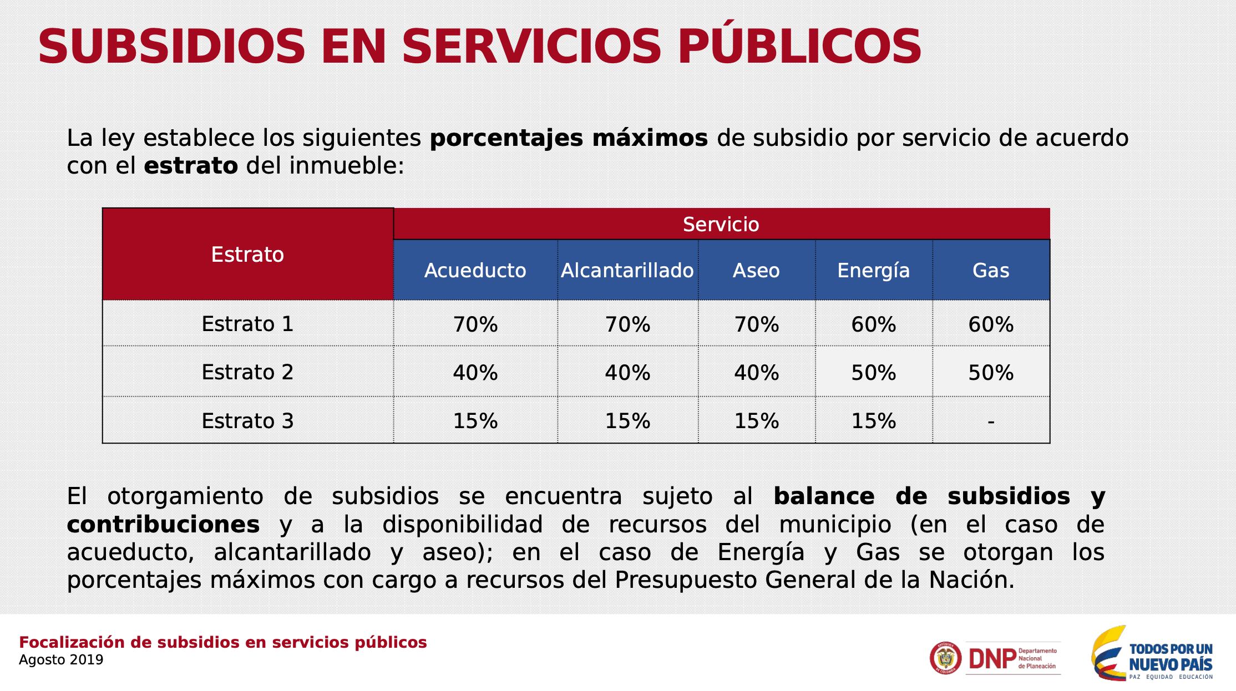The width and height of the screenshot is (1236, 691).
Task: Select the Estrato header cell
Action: click(247, 255)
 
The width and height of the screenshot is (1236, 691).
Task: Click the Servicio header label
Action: click(721, 225)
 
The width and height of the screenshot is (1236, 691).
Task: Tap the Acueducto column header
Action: click(475, 271)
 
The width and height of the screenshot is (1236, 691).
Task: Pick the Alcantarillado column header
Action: click(627, 271)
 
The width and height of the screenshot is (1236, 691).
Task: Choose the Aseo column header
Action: click(756, 271)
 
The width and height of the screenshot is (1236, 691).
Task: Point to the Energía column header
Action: click(873, 271)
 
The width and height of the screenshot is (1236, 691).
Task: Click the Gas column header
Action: click(990, 271)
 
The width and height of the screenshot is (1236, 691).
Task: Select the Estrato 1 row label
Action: click(247, 324)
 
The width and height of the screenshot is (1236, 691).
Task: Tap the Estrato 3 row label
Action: click(247, 421)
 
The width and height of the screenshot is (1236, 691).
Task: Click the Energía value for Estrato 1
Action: click(873, 324)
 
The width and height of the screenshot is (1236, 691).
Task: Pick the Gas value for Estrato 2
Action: click(990, 373)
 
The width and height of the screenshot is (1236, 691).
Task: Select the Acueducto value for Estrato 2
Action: click(475, 373)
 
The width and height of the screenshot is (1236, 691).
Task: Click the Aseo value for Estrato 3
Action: click(756, 421)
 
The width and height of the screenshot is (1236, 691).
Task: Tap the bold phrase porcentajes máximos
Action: click(569, 139)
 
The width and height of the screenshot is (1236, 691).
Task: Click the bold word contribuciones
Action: click(163, 524)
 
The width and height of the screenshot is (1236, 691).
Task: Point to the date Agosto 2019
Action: click(61, 660)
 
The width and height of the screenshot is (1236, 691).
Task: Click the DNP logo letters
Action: click(992, 659)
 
